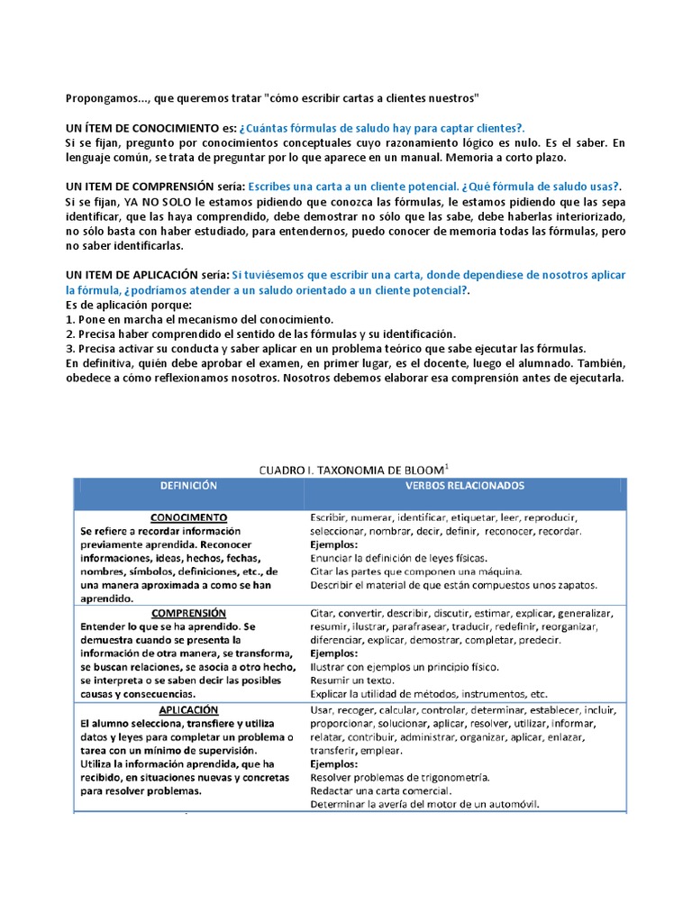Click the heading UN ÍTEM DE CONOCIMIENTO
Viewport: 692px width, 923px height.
point(143,128)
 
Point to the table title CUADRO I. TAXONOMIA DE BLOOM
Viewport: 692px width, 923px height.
point(352,470)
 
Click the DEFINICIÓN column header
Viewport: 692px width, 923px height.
point(188,485)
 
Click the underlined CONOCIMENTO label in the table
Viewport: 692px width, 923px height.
point(188,518)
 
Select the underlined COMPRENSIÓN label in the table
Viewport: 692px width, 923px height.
point(188,612)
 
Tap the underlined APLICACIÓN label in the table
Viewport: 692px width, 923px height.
point(188,709)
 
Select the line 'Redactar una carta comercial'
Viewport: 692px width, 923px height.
point(381,790)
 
